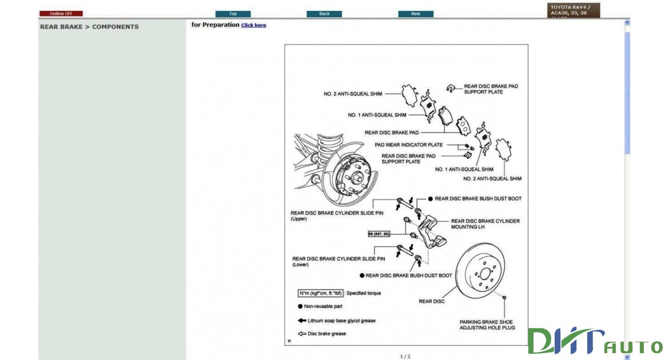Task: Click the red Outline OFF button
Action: pos(61,14)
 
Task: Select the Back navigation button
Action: pos(324,14)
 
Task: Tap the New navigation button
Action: pos(416,14)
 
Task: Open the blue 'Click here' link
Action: pos(253,25)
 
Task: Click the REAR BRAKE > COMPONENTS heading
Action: pos(89,27)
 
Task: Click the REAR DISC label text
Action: pos(432,301)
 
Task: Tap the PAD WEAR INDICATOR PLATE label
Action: pos(408,145)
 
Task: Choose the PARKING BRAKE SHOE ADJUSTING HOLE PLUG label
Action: pos(487,325)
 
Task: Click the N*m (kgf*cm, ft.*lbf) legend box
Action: pos(320,293)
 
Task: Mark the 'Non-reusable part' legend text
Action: pos(323,306)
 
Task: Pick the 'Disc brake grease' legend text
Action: pos(326,334)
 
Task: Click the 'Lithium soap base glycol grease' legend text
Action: pos(341,321)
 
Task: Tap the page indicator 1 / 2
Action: pos(405,357)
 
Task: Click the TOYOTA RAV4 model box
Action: pos(574,10)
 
